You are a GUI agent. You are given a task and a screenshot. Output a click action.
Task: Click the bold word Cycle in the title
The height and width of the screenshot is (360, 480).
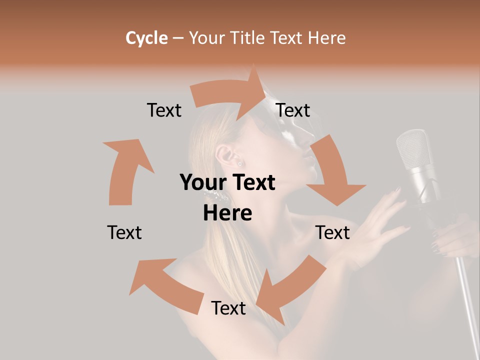coord(146,38)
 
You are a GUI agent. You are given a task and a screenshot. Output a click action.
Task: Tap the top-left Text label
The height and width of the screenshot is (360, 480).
coord(164,110)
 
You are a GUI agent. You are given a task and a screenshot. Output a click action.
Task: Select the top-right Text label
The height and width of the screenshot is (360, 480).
coord(293,110)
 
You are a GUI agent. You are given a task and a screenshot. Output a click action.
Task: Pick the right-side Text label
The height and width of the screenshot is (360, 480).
coord(332,232)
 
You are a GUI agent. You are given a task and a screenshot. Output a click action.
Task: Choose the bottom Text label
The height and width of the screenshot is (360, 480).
coord(228,308)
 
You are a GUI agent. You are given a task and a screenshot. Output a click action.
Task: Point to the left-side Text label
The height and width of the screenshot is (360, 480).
coord(124,232)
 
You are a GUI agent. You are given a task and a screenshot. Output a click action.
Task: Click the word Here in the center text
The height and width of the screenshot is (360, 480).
coord(227,213)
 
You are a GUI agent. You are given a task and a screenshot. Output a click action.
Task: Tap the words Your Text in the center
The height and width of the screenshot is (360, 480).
coord(227,183)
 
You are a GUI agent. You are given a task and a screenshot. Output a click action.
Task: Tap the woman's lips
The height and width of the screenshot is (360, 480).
coord(312,165)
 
